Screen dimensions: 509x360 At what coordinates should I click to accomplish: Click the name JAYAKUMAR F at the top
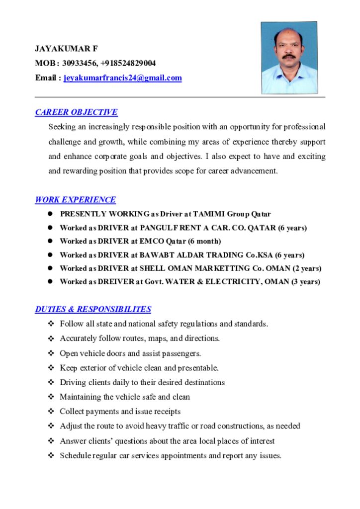[66, 49]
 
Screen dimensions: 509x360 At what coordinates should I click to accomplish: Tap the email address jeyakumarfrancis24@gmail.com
[123, 78]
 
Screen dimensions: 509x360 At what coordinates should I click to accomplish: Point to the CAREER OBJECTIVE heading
[76, 112]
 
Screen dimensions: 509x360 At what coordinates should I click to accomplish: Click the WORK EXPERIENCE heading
[75, 200]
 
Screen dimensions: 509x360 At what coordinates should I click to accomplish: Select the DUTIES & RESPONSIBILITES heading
[93, 309]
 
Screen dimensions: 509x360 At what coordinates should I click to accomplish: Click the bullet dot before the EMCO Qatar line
[50, 241]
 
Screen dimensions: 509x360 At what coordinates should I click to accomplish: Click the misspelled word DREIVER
[116, 282]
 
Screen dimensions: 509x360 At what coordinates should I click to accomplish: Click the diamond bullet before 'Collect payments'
[51, 412]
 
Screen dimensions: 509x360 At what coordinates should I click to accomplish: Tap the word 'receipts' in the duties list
[167, 412]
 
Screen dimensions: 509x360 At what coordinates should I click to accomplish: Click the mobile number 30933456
[79, 63]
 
